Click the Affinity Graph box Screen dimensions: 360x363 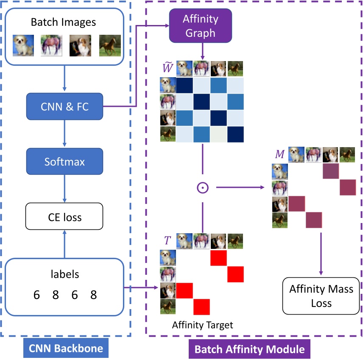point(200,25)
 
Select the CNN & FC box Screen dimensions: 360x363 point(64,106)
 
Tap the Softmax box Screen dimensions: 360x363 point(64,162)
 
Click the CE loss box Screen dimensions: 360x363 point(64,218)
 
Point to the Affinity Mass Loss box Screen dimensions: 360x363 point(321,296)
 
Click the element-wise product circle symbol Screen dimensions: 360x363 point(203,187)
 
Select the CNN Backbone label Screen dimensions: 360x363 point(66,349)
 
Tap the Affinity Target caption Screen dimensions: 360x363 point(203,325)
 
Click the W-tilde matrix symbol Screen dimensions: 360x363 point(167,68)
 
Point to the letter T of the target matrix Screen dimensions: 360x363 point(167,241)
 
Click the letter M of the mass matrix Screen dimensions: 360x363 point(279,154)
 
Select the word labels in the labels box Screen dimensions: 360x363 point(64,274)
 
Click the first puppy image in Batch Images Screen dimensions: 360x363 point(23,45)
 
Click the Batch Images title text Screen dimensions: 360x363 point(64,22)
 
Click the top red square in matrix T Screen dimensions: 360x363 point(219,258)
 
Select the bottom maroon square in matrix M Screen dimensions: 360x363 point(314,220)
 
